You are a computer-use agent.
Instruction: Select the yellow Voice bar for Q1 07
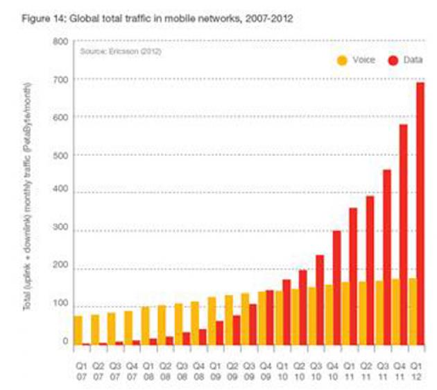pyautogui.click(x=78, y=330)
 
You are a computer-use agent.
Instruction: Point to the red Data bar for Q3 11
pyautogui.click(x=386, y=257)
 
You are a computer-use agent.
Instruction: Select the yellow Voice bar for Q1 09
pyautogui.click(x=212, y=320)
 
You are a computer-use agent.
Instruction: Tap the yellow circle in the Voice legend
pyautogui.click(x=342, y=60)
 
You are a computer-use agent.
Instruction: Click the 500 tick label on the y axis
pyautogui.click(x=60, y=155)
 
